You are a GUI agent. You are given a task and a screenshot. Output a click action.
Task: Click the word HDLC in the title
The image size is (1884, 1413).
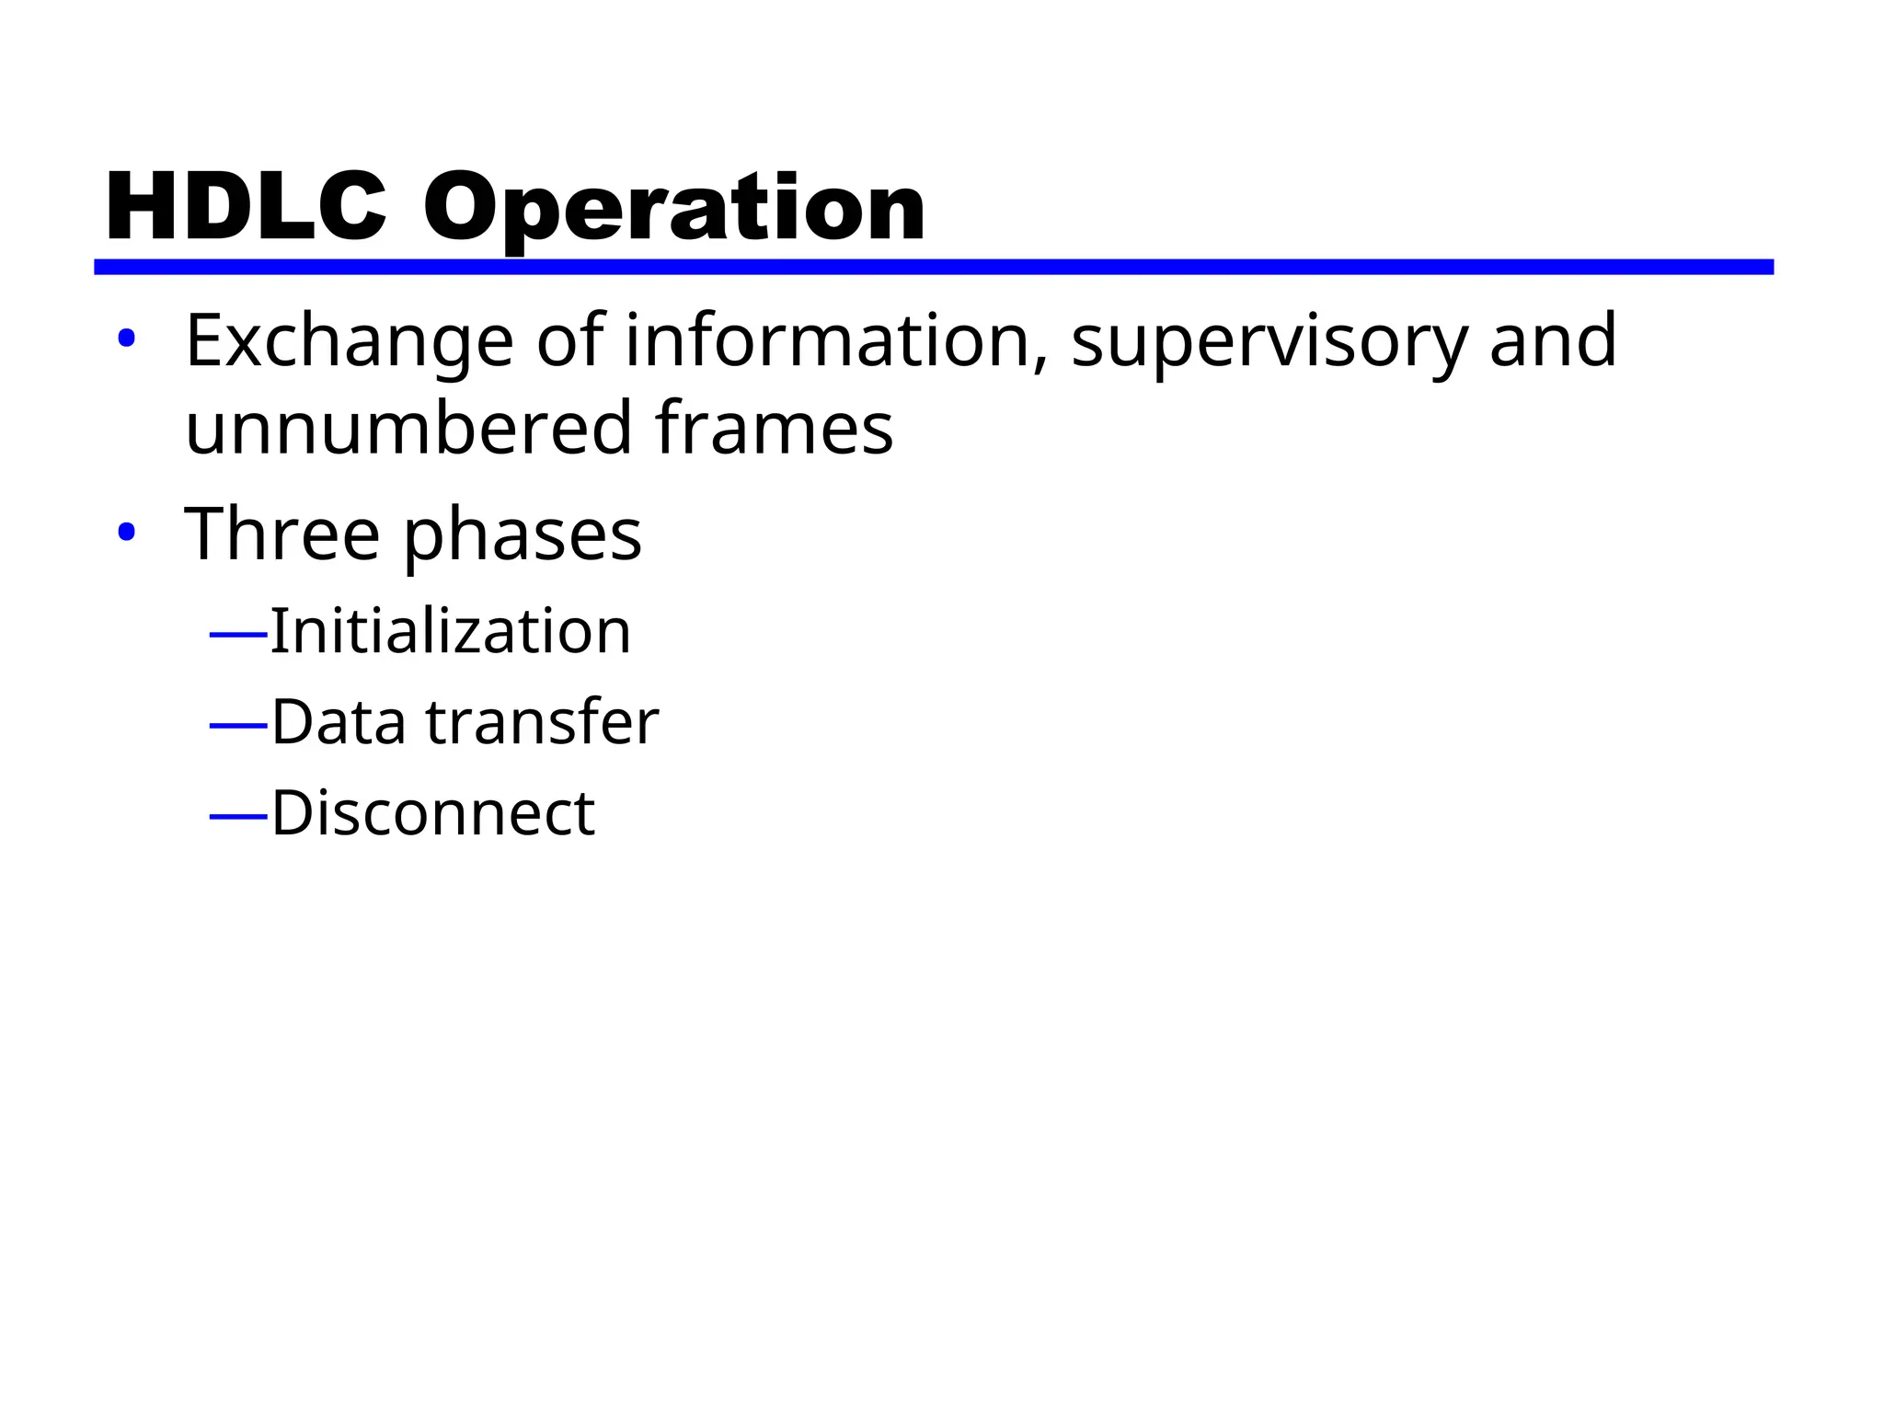pyautogui.click(x=246, y=208)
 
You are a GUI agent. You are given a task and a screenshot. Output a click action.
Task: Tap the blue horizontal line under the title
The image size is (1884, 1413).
pyautogui.click(x=933, y=267)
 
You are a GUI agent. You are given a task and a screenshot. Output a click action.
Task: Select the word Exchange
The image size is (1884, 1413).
pyautogui.click(x=349, y=341)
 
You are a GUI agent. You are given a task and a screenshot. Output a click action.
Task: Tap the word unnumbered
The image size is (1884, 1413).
pyautogui.click(x=408, y=428)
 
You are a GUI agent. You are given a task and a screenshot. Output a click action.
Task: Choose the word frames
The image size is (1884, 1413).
pyautogui.click(x=774, y=428)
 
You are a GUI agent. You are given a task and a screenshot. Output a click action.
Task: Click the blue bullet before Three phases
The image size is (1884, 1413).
pyautogui.click(x=127, y=532)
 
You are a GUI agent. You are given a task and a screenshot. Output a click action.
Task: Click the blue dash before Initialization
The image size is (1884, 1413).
pyautogui.click(x=238, y=634)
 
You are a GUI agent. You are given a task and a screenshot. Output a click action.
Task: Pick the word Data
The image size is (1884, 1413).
pyautogui.click(x=339, y=722)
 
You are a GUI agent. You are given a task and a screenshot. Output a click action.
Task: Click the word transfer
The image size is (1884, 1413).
pyautogui.click(x=542, y=722)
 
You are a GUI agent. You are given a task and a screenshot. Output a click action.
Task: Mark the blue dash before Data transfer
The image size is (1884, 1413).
pyautogui.click(x=238, y=726)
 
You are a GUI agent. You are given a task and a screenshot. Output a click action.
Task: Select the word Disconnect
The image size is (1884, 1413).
pyautogui.click(x=433, y=813)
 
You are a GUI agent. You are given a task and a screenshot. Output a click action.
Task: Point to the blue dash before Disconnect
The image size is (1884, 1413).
pyautogui.click(x=238, y=816)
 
